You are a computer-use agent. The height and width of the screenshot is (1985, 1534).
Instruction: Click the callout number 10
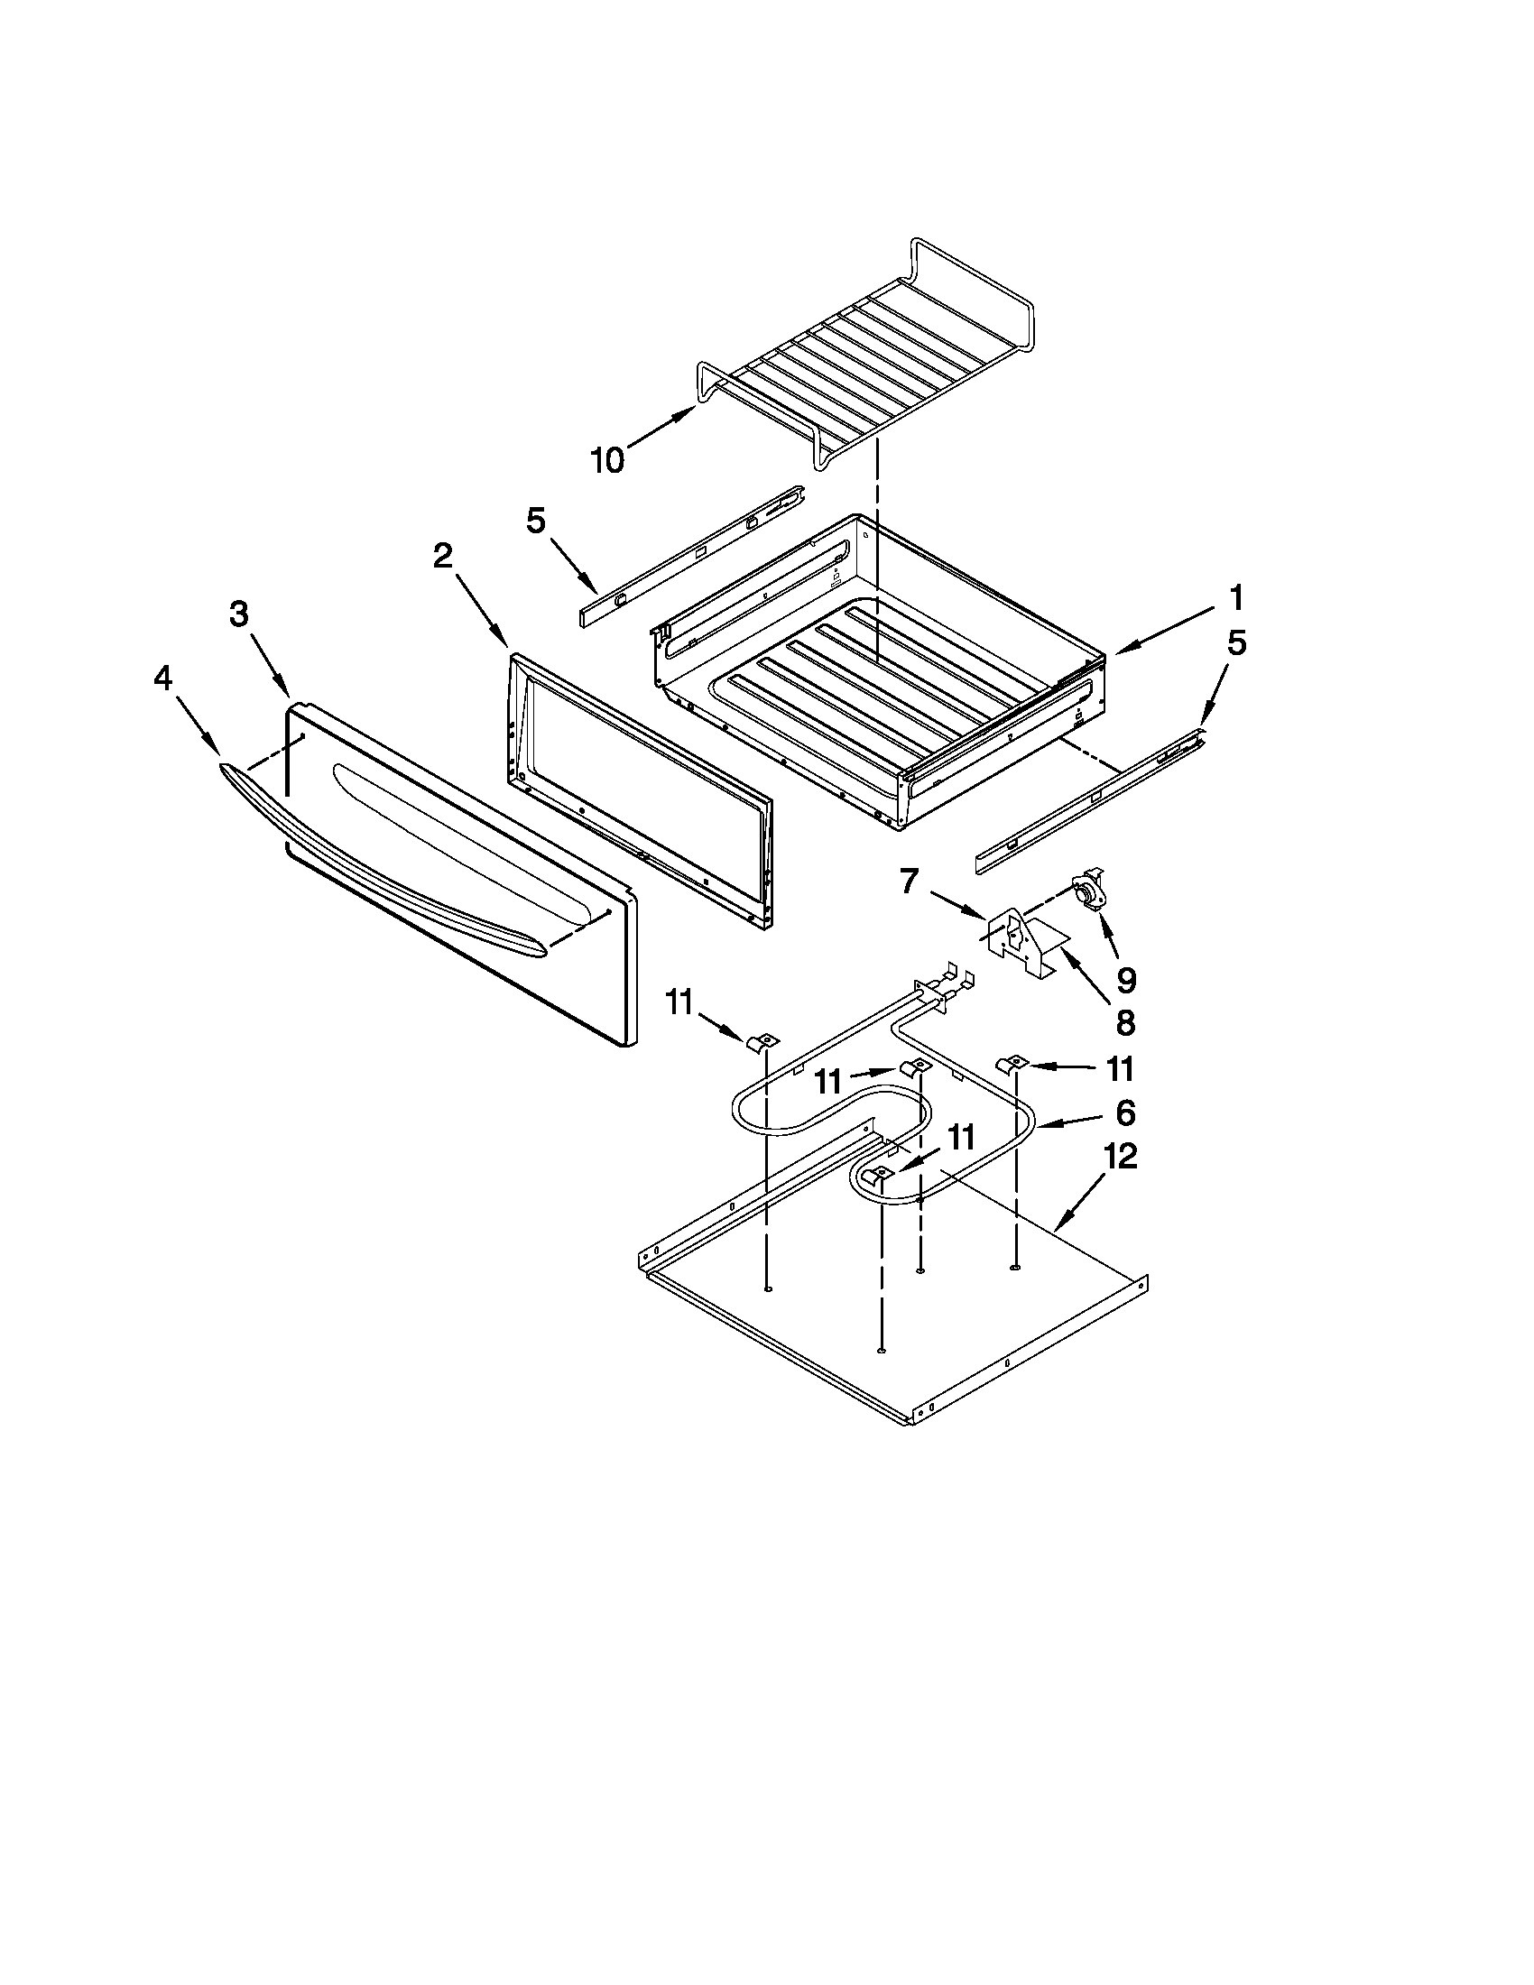point(608,462)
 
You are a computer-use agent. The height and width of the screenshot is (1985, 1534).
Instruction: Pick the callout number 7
point(910,881)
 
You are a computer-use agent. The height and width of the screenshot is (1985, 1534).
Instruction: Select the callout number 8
point(1124,1022)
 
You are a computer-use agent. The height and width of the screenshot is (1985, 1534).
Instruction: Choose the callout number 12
point(1121,1157)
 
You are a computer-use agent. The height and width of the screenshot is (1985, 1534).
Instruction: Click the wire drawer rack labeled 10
point(864,355)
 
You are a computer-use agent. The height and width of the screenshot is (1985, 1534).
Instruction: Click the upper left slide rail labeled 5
point(690,554)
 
